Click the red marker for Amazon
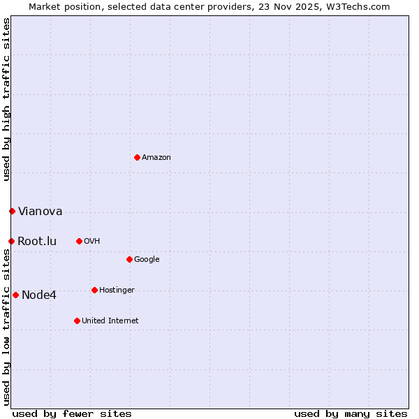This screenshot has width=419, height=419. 137,157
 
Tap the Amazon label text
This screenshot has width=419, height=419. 156,158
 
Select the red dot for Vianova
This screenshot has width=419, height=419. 12,211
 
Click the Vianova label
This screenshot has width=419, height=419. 40,212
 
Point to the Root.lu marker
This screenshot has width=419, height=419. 11,241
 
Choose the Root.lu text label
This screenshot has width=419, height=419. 37,242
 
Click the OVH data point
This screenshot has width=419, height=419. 79,241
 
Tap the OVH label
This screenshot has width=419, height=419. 91,242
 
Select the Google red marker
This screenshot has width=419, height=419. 129,259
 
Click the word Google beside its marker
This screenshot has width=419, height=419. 147,260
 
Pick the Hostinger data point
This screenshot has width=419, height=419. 94,290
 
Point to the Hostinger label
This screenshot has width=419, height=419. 117,291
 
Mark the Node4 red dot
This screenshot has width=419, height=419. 15,295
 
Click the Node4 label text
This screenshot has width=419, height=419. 39,295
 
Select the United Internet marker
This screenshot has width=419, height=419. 77,321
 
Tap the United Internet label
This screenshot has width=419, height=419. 110,321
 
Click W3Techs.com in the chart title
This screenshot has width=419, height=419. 360,6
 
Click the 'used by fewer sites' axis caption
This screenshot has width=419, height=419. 72,413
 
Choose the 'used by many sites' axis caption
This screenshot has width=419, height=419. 351,413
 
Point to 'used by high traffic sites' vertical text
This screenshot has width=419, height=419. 6,99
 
